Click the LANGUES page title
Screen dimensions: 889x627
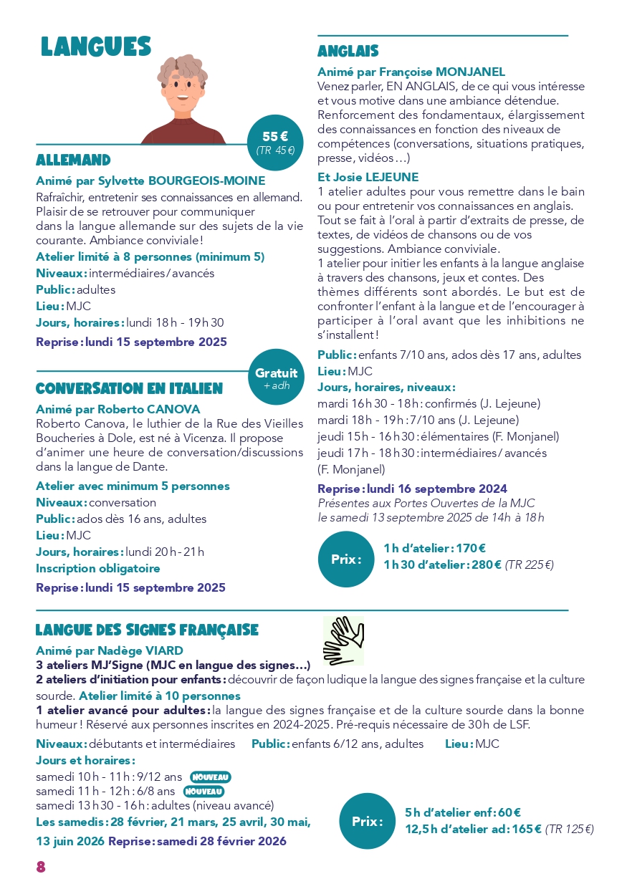tap(96, 47)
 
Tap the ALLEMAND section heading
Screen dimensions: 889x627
tap(73, 160)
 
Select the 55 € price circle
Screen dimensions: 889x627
tap(275, 143)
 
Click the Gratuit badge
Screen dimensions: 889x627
tap(276, 378)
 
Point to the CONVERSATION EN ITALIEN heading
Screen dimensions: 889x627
tap(129, 389)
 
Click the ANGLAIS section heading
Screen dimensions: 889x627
tap(348, 52)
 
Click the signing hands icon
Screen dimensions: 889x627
tap(344, 640)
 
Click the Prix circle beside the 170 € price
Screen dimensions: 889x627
tap(346, 559)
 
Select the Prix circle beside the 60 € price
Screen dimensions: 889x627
tap(367, 822)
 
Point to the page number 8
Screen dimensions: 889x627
tap(41, 867)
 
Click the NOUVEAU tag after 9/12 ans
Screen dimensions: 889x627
tap(210, 777)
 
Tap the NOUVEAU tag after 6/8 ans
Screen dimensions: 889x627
tap(204, 792)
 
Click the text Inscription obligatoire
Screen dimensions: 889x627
tap(98, 568)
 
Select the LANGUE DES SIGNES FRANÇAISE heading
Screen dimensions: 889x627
tap(147, 630)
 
